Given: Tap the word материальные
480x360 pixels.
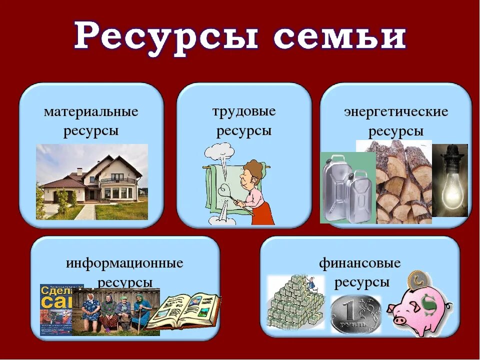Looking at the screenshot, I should (x=91, y=111).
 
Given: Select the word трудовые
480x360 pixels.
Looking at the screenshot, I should (x=244, y=110).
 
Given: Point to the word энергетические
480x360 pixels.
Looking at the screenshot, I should (x=395, y=111).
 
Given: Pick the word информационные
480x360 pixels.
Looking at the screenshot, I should (x=124, y=262).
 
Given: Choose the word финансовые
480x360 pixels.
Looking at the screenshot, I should (x=360, y=262).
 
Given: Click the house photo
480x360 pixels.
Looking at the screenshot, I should (x=92, y=182).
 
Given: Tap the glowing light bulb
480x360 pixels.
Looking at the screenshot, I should (x=449, y=180).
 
